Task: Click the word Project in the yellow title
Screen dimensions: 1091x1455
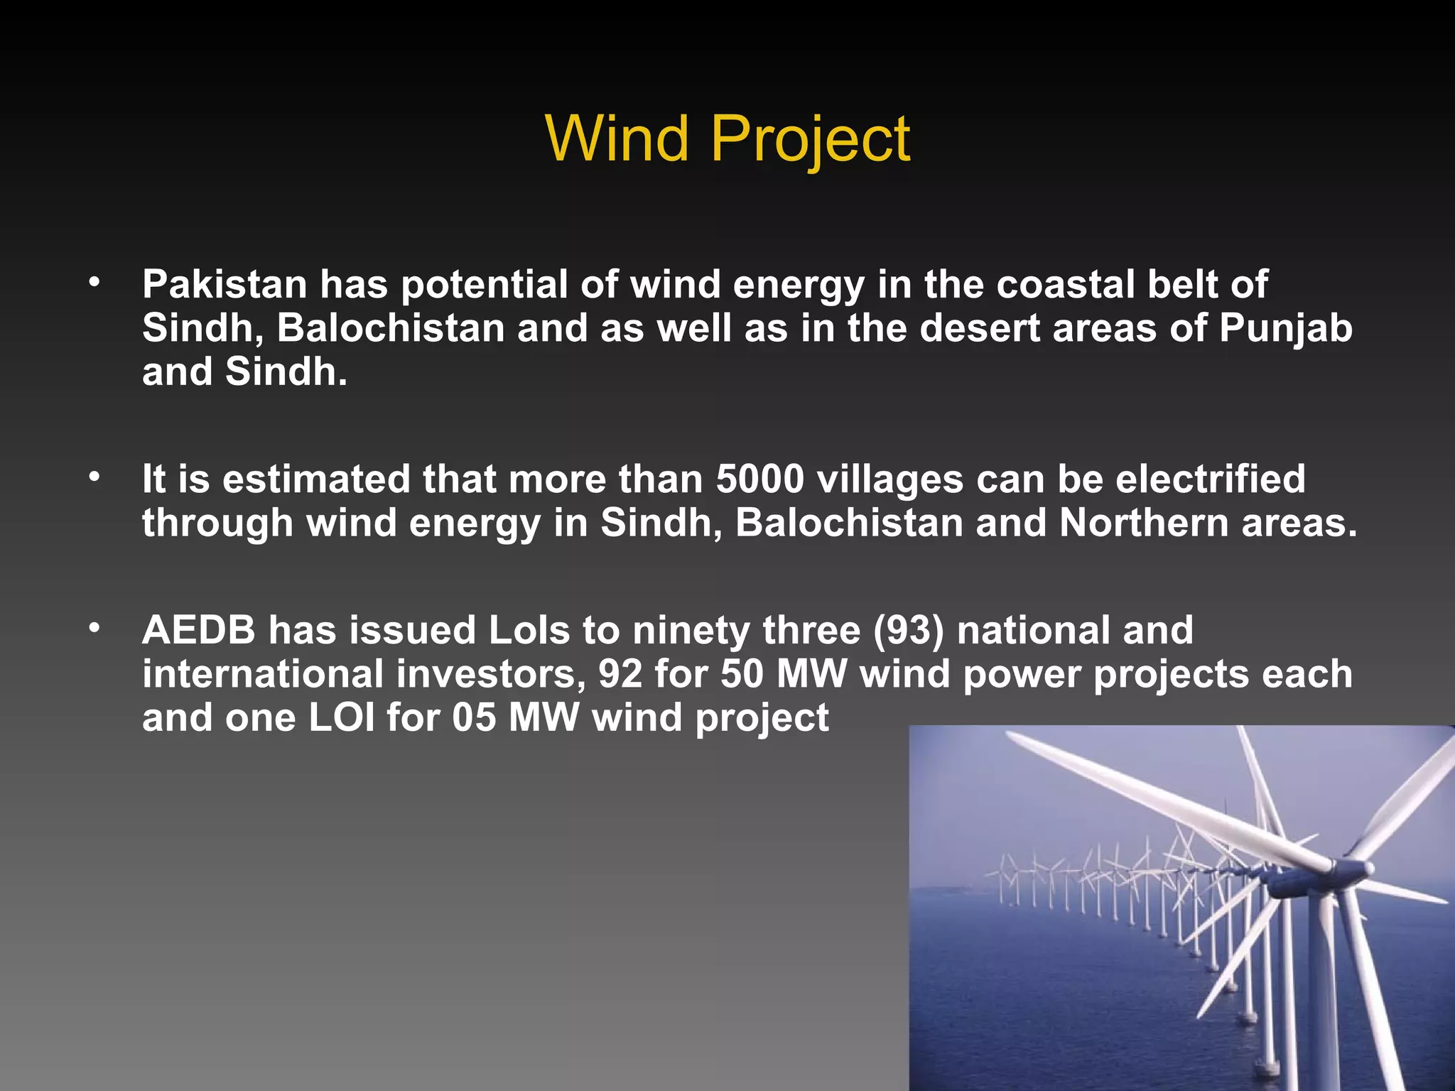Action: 810,140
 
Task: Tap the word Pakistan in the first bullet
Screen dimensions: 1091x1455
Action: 225,284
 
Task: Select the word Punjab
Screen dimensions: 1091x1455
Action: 1286,329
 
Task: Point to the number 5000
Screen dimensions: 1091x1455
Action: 759,479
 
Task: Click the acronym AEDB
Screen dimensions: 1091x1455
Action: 199,630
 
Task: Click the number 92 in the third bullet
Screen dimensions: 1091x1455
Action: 620,674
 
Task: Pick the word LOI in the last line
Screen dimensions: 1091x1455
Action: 342,717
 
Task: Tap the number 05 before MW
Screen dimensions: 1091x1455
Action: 474,717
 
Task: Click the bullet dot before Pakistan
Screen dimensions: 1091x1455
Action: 94,283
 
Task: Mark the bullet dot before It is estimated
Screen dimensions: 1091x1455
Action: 94,477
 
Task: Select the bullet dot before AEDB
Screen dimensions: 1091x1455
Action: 94,629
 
